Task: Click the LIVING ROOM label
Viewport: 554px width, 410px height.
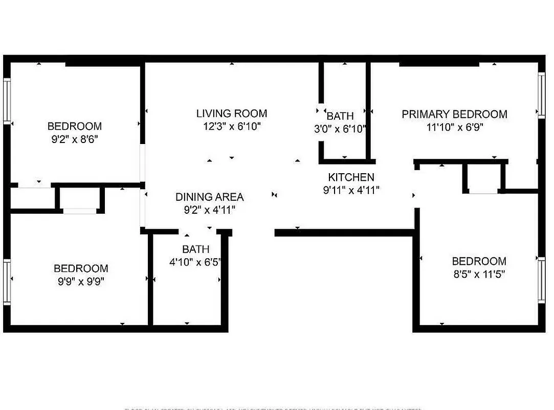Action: tap(232, 113)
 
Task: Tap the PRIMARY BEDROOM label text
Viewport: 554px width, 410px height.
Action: tap(454, 114)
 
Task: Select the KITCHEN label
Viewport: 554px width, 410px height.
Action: tap(351, 177)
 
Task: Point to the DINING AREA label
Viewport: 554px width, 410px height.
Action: tap(209, 197)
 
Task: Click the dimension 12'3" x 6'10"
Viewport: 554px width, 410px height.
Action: tap(232, 127)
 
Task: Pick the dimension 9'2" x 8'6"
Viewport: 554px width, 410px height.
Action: tap(74, 139)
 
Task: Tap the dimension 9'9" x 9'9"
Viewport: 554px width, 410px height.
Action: tap(81, 281)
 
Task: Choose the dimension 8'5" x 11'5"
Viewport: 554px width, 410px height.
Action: tap(479, 274)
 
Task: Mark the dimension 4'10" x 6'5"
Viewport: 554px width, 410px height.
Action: tap(195, 262)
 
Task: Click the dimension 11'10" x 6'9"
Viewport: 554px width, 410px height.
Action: tap(454, 127)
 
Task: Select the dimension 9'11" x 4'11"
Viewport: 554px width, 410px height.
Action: tap(351, 190)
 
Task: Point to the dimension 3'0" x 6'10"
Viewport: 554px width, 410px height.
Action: tap(340, 129)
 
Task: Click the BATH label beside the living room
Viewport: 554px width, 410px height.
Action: tap(340, 116)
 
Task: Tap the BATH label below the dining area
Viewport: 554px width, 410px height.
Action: tap(195, 250)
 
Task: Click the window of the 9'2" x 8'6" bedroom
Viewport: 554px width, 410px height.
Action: tap(7, 100)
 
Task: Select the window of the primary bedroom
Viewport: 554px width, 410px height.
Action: tap(541, 95)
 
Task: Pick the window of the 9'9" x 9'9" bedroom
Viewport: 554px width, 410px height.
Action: tap(7, 282)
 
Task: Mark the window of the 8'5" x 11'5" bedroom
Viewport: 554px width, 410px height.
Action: tap(541, 282)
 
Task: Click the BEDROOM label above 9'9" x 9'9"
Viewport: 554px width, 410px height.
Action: tap(81, 268)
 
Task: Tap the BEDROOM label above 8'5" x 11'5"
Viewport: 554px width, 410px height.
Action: tap(479, 261)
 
